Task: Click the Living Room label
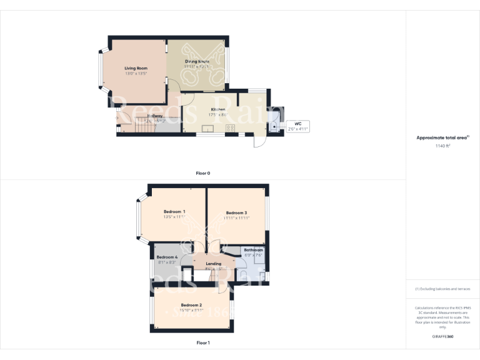click(x=135, y=67)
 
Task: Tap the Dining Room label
click(x=197, y=61)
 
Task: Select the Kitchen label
click(x=217, y=110)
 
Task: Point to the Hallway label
click(x=155, y=116)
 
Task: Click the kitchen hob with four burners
click(x=229, y=128)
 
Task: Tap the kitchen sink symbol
click(x=208, y=128)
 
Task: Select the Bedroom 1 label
click(x=175, y=212)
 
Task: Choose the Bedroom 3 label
click(x=237, y=212)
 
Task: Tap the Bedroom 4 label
click(x=167, y=257)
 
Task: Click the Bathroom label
click(x=253, y=250)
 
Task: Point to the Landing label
click(x=214, y=264)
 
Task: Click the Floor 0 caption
click(x=202, y=172)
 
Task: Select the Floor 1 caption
click(x=202, y=342)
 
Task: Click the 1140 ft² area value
click(x=442, y=146)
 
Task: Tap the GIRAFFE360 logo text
click(x=442, y=337)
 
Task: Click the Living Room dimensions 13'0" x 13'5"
click(x=135, y=74)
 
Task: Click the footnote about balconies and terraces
click(x=442, y=289)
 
